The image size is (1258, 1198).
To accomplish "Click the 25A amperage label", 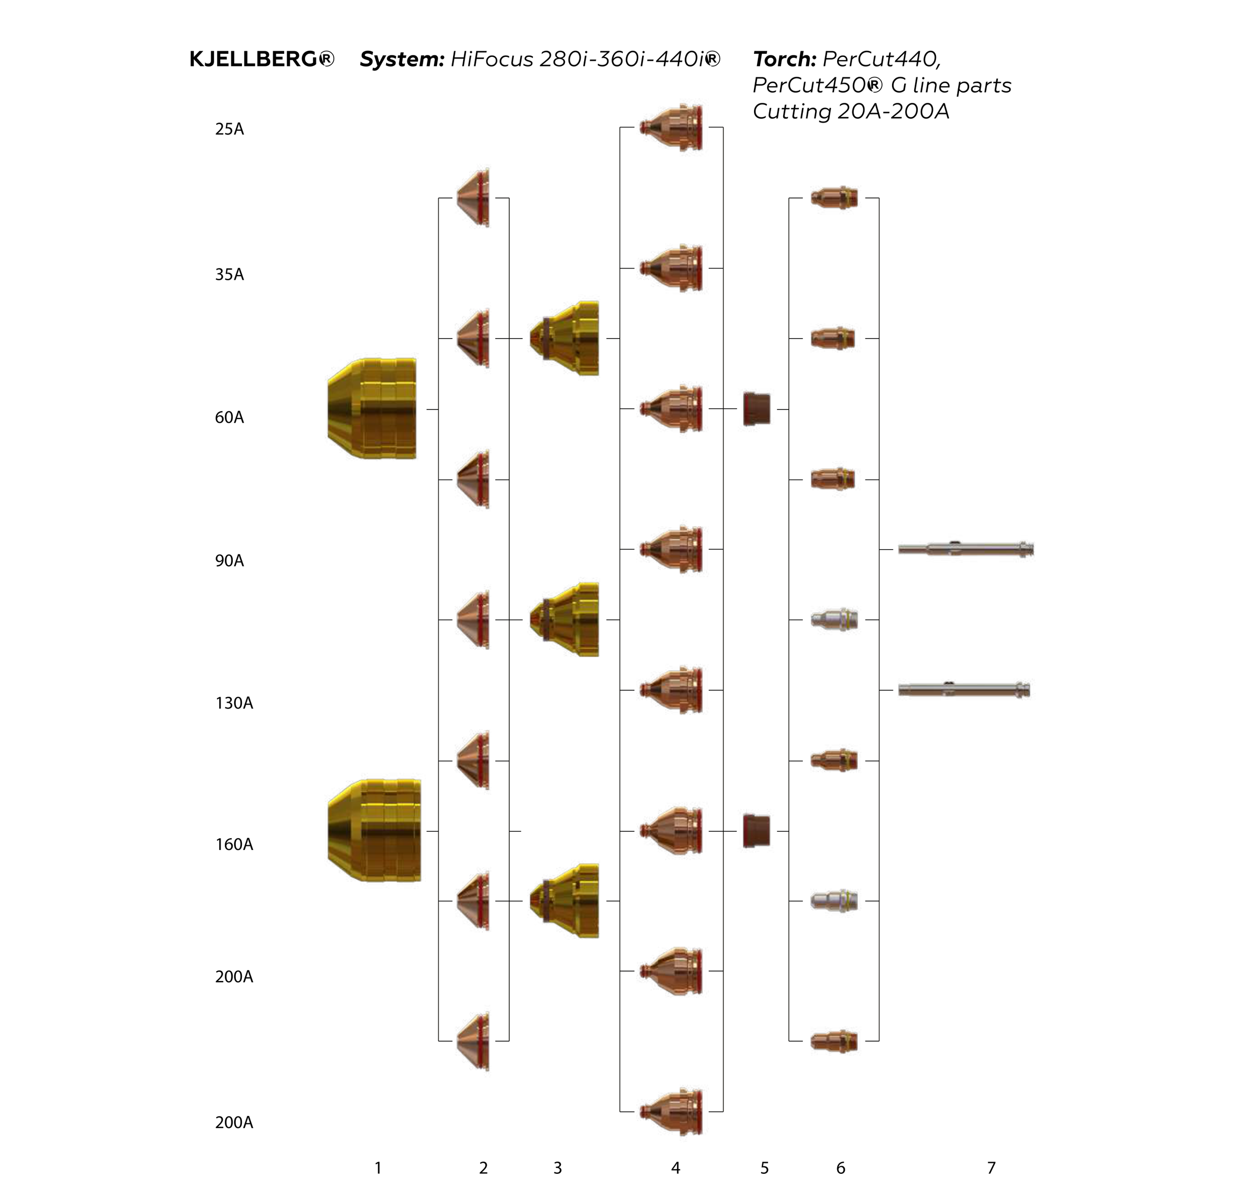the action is click(229, 129).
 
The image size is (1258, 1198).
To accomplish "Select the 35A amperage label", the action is click(229, 275).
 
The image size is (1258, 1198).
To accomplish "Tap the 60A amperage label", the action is click(229, 418).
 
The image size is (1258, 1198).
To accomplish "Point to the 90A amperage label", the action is click(229, 561).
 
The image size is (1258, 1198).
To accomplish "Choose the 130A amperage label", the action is click(234, 703).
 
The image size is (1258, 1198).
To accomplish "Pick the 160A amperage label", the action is click(234, 844).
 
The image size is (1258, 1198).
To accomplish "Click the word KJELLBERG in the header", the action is click(253, 59).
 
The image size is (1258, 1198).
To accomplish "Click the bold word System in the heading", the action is click(402, 59).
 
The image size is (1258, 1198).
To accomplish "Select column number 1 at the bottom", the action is click(378, 1168).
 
